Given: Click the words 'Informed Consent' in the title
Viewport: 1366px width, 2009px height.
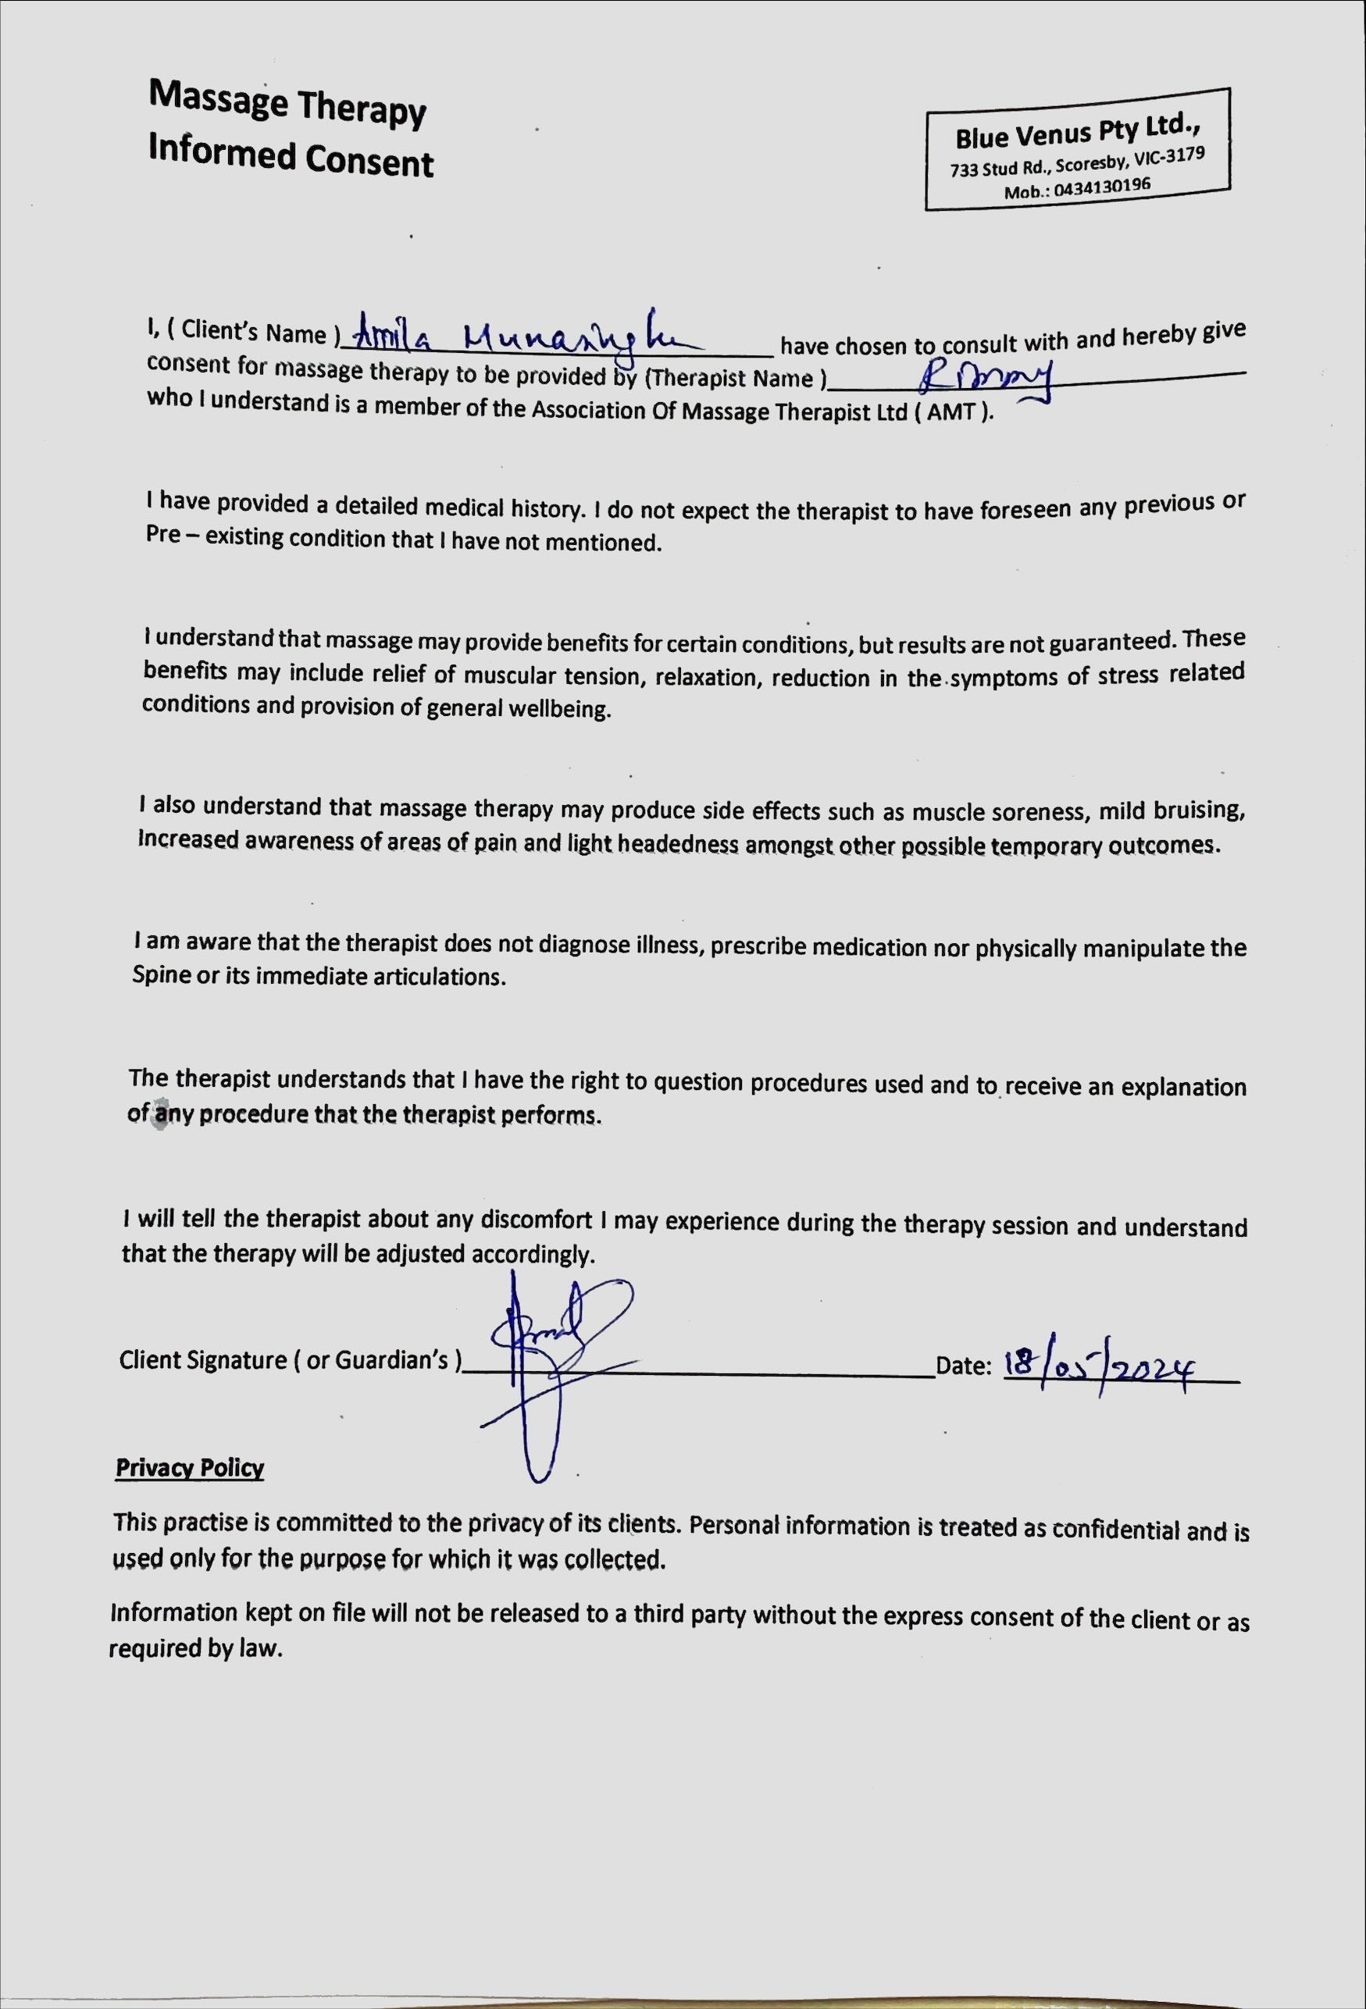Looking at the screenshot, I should pos(291,156).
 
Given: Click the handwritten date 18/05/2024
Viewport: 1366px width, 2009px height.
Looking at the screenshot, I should pos(1098,1366).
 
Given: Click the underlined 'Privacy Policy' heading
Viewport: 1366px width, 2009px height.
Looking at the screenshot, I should pos(189,1468).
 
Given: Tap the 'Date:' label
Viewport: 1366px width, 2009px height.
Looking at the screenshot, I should pos(962,1366).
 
